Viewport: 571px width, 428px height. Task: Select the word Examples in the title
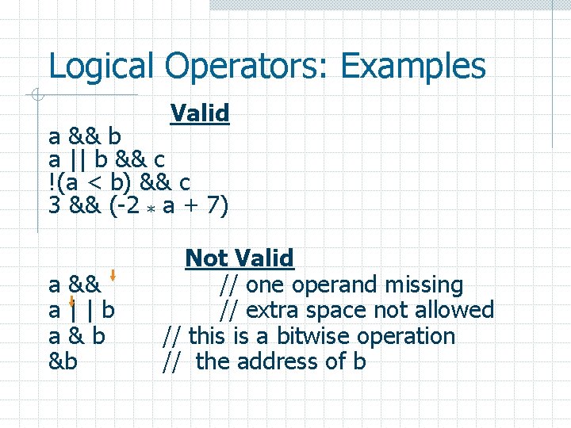pyautogui.click(x=412, y=67)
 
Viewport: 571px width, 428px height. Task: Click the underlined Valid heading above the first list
pyautogui.click(x=200, y=113)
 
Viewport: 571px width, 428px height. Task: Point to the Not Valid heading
pyautogui.click(x=240, y=258)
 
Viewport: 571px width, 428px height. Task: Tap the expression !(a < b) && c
pyautogui.click(x=119, y=183)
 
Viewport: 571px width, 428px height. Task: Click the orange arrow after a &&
pyautogui.click(x=113, y=277)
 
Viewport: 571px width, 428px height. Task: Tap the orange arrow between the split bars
pyautogui.click(x=72, y=302)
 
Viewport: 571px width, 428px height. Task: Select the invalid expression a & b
pyautogui.click(x=77, y=336)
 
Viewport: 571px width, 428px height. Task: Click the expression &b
pyautogui.click(x=63, y=361)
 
